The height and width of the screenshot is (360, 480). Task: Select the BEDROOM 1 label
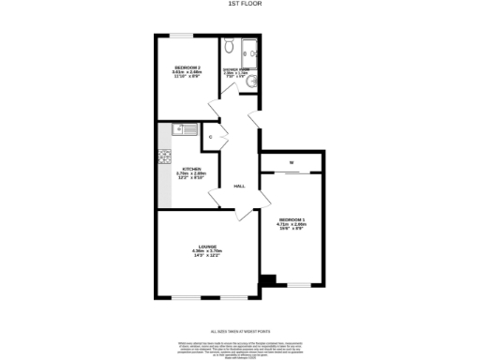pos(292,219)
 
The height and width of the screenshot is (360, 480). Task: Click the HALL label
pos(239,186)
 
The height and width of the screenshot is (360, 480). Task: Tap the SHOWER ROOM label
pos(235,69)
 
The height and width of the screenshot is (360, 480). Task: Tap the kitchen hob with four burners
pos(163,157)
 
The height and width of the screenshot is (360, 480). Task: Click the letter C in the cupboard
pos(211,138)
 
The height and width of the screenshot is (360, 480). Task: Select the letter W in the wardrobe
pos(292,162)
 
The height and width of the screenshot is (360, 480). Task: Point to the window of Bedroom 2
pos(180,36)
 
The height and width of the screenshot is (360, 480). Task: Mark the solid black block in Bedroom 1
pos(269,279)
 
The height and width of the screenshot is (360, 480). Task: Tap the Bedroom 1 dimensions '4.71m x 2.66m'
pos(292,225)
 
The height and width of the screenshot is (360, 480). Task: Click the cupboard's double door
pos(223,138)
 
